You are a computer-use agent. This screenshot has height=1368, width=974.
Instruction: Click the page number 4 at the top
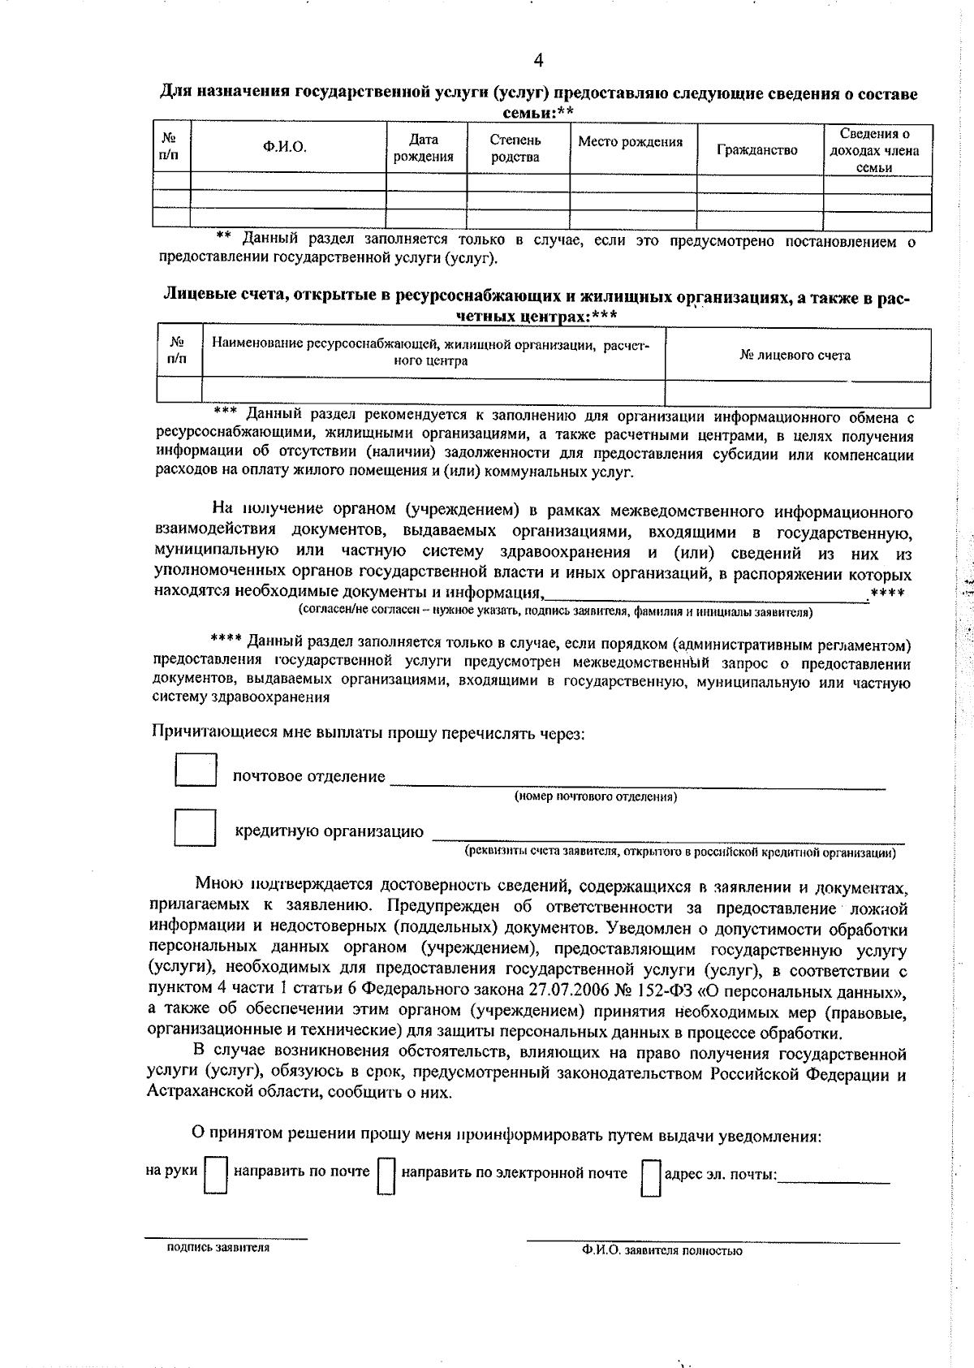tap(538, 60)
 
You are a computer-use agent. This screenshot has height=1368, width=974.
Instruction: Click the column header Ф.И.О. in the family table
tap(284, 147)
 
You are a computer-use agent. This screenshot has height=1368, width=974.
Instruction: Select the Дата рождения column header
tap(423, 148)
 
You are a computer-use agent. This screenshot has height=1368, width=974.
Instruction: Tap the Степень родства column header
tap(515, 148)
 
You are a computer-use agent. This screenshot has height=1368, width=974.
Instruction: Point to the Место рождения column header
tap(630, 142)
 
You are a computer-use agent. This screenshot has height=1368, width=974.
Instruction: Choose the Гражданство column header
tap(757, 150)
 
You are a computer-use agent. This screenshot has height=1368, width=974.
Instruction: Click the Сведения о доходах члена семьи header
tap(874, 150)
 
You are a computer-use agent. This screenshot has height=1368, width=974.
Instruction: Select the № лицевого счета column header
tap(795, 355)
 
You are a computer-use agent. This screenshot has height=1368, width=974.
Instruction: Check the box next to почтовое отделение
tap(196, 770)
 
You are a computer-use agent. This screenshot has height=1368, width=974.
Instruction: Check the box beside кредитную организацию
tap(196, 827)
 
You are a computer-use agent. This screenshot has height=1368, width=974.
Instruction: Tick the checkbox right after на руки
tap(216, 1175)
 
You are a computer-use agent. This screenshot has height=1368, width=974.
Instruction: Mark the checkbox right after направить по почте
tap(386, 1175)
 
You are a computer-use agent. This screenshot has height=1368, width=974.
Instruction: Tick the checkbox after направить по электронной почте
tap(651, 1176)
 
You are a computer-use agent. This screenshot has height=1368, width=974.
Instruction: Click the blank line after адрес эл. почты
tap(834, 1179)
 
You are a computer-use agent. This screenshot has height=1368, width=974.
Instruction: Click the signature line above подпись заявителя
tap(226, 1236)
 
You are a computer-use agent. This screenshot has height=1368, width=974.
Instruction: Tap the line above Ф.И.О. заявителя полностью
tap(713, 1241)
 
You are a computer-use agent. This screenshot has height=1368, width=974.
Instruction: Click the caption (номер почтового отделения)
tap(596, 796)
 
